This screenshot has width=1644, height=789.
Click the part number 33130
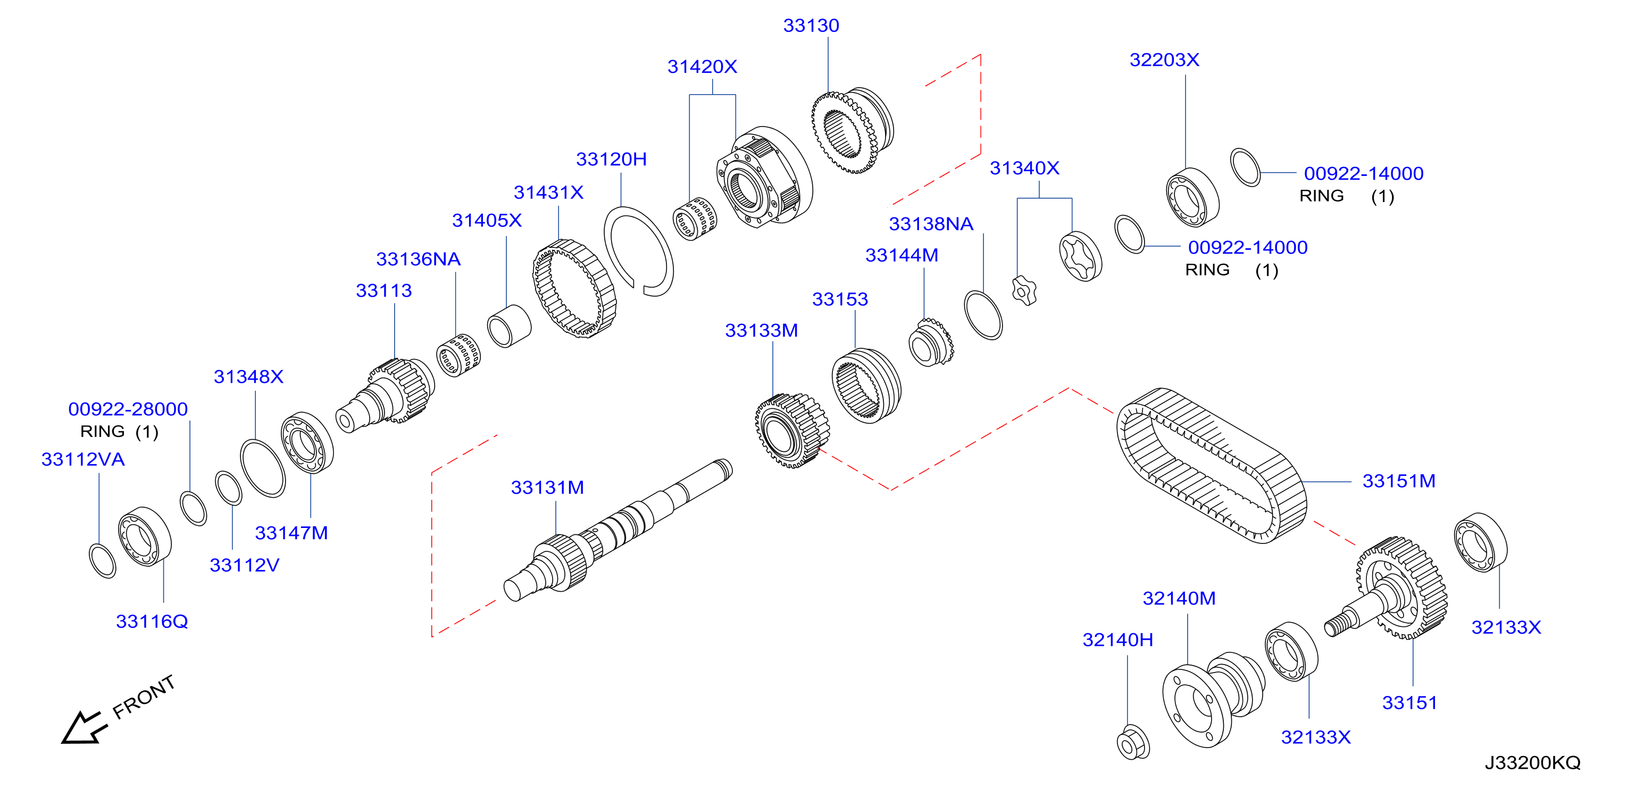tap(811, 26)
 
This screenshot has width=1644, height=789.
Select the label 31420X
tap(702, 66)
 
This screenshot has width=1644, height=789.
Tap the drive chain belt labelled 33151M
tap(1211, 466)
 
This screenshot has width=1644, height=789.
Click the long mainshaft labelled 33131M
tap(618, 531)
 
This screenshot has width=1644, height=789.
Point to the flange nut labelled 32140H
tap(1133, 742)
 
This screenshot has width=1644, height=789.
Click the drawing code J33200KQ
tap(1532, 762)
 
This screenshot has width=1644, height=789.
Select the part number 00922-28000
tap(128, 409)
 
